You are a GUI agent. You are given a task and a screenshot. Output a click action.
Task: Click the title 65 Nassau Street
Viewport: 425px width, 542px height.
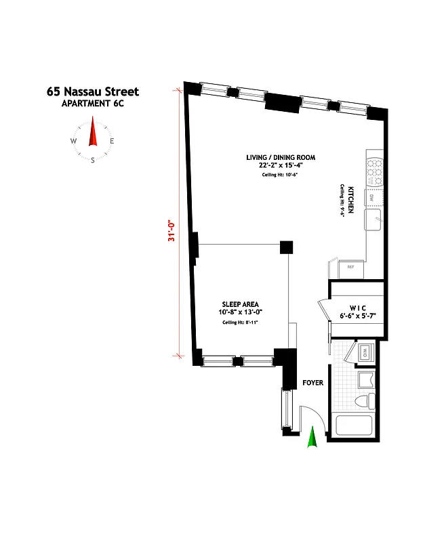(93, 91)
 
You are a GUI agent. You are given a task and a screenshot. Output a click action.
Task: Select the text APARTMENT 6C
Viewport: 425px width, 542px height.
(93, 103)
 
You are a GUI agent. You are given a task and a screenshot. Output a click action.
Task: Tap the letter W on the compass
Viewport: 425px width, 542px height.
(73, 141)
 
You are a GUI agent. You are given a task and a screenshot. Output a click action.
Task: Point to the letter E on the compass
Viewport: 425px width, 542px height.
(113, 141)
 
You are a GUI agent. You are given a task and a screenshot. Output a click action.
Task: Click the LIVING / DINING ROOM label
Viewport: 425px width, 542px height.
(281, 157)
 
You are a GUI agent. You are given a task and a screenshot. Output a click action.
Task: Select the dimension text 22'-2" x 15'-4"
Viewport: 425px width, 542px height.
(281, 165)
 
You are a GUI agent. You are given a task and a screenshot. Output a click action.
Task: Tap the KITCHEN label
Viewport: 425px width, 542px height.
(351, 201)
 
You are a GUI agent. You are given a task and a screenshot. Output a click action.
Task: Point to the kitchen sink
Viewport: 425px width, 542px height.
(373, 220)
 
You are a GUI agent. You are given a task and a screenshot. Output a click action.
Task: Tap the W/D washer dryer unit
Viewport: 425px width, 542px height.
(364, 352)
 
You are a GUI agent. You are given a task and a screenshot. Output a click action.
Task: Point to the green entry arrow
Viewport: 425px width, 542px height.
(312, 438)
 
